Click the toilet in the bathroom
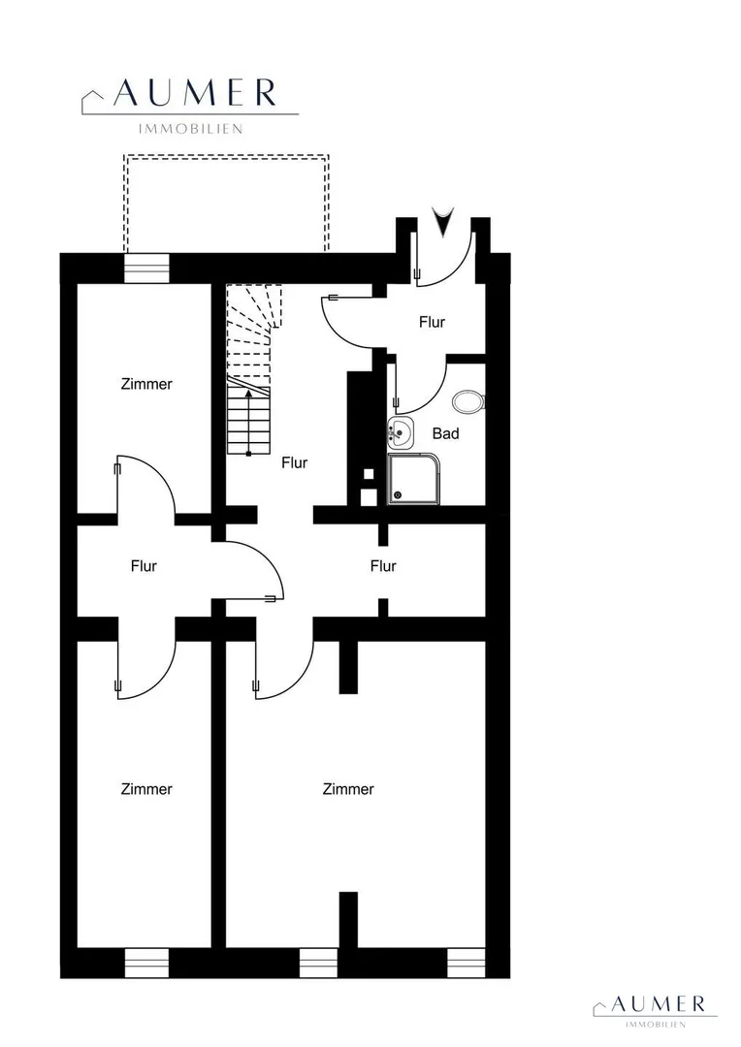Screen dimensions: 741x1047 (469, 402)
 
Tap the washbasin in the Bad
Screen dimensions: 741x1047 (401, 433)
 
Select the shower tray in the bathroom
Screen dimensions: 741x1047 (414, 479)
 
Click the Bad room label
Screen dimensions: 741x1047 (446, 433)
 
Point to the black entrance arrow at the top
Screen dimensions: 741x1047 (442, 221)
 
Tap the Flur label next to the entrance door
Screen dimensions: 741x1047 (432, 322)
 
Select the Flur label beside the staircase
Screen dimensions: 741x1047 (295, 462)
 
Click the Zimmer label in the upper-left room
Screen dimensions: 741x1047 (146, 384)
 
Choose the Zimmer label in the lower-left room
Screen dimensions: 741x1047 (146, 789)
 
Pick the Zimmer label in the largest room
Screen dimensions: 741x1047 (348, 789)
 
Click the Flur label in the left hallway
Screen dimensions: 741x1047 (144, 566)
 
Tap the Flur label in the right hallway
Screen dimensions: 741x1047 (383, 566)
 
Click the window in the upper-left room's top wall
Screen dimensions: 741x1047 (147, 269)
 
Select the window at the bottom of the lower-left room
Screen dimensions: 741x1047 (147, 963)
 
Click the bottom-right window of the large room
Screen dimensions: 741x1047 (466, 963)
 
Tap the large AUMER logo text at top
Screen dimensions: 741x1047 (194, 93)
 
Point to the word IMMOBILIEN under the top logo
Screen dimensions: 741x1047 (190, 129)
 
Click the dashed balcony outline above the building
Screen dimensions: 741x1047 (226, 156)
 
